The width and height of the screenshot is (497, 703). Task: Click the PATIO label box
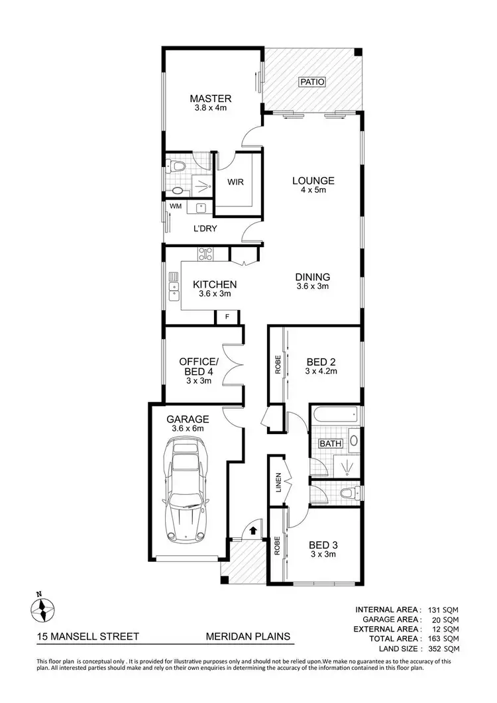(312, 83)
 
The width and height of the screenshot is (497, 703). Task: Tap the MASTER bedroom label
(209, 99)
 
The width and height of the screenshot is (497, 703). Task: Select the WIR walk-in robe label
(237, 182)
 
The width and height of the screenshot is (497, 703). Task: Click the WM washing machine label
(175, 207)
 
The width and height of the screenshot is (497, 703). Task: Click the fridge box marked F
(227, 317)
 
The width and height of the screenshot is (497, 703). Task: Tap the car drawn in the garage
(186, 491)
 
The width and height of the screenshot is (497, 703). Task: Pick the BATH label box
(330, 443)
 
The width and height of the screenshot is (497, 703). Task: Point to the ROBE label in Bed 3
(277, 545)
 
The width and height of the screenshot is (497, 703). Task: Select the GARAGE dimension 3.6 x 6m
(188, 429)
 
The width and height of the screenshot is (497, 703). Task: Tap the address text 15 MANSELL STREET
(88, 637)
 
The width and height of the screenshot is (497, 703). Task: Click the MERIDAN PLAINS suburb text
(248, 637)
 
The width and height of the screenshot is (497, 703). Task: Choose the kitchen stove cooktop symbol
(205, 253)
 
